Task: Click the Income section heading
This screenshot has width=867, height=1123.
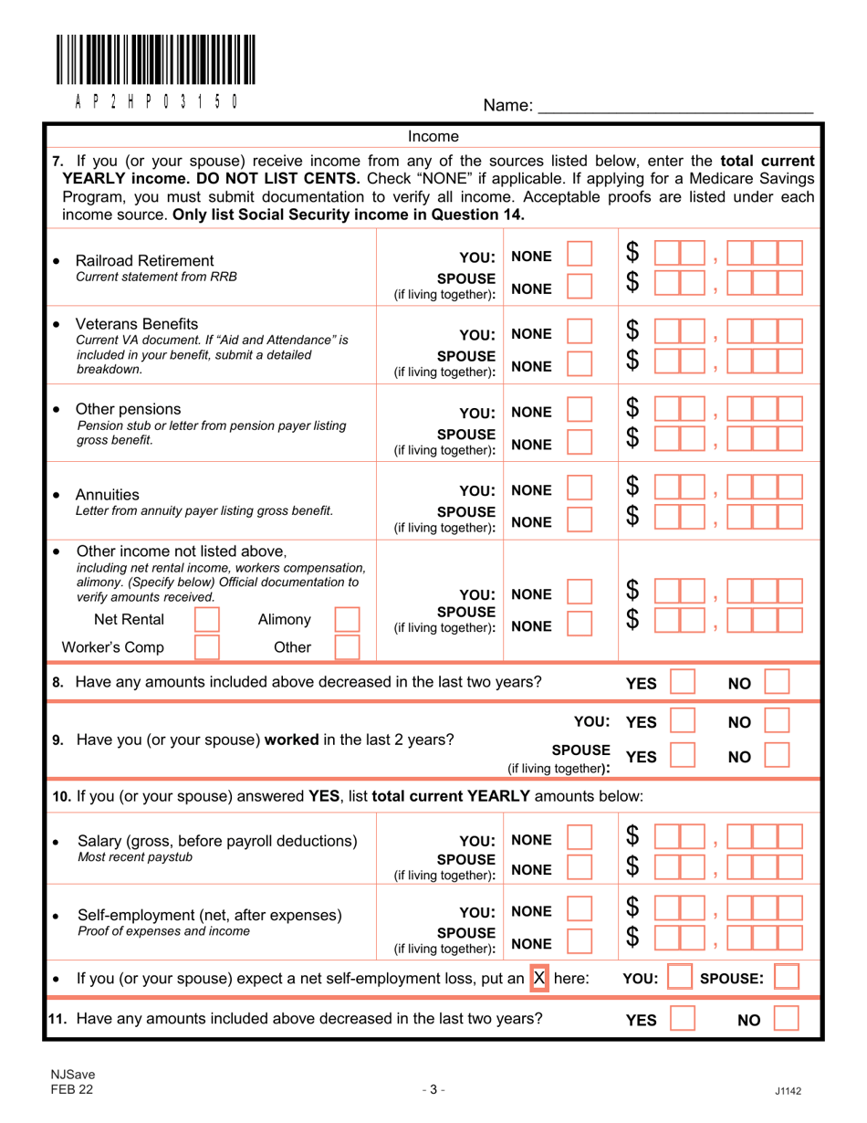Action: (433, 137)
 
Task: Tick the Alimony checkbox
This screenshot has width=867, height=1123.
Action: (348, 622)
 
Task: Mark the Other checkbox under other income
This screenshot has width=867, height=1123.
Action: (348, 648)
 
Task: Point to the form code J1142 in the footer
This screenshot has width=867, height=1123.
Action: (787, 1088)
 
